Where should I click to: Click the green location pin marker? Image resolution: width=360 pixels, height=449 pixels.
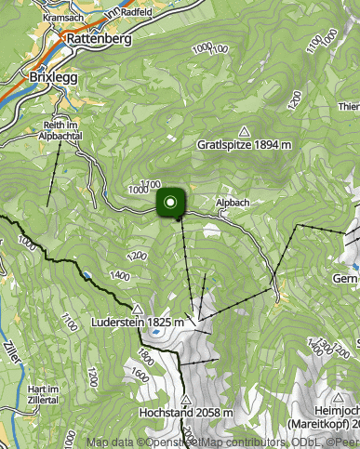(171, 204)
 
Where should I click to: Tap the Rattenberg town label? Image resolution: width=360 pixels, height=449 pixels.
(98, 40)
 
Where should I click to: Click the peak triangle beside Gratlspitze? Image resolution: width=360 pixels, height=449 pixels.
(244, 131)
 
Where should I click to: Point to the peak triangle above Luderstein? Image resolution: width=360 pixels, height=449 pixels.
(138, 310)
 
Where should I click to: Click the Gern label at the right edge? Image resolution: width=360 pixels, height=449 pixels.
(345, 278)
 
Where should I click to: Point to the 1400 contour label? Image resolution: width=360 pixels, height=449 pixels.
(119, 275)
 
